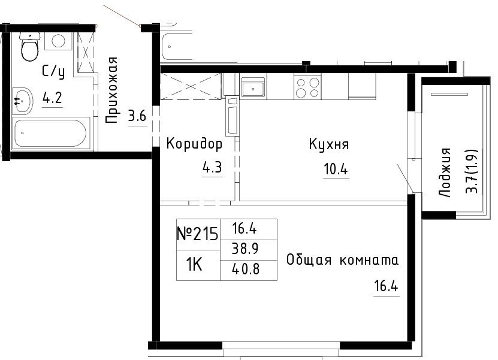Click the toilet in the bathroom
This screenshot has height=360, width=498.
point(30,46)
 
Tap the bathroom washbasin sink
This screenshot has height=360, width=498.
point(22,101)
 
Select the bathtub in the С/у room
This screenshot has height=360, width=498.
point(51,133)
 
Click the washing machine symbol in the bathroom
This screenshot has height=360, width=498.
point(59,41)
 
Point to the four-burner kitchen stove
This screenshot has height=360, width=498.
point(307,87)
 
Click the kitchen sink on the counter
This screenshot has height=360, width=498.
point(253,87)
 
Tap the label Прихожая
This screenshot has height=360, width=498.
point(112,90)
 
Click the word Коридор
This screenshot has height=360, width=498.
point(194,144)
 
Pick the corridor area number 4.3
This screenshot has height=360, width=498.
point(212,167)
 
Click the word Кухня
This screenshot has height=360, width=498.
point(329,144)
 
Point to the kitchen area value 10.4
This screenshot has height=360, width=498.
point(336,169)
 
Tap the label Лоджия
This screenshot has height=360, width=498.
point(445,173)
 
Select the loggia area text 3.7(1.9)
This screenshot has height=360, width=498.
point(472,171)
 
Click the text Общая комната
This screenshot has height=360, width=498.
point(342,260)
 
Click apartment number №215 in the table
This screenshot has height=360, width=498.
point(198,234)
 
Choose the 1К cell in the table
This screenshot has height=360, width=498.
point(194,264)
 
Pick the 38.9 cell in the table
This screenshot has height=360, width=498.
point(246,249)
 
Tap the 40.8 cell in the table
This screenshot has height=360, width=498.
point(246,269)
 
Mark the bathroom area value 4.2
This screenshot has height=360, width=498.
point(52,98)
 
